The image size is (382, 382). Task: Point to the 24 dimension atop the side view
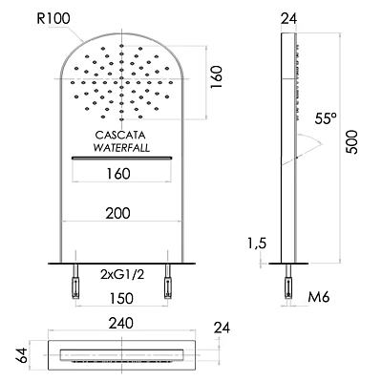tap(289, 16)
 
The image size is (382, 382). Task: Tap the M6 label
tap(320, 298)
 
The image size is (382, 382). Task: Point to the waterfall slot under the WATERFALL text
tap(121, 158)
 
